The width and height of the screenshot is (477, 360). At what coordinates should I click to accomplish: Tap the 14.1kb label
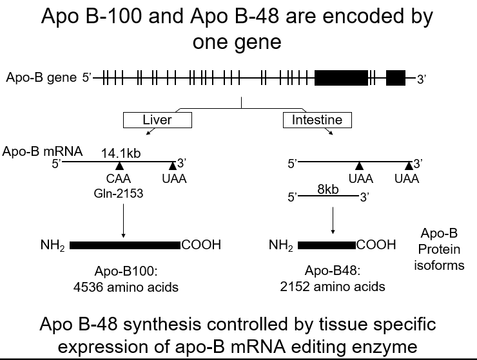tap(121, 153)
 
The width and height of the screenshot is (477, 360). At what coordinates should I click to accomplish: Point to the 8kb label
tap(328, 189)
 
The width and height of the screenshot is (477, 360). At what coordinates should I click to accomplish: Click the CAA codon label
tap(119, 179)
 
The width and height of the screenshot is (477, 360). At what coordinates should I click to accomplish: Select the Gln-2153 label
tap(119, 193)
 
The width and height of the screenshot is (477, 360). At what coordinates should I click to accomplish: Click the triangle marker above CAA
tap(119, 166)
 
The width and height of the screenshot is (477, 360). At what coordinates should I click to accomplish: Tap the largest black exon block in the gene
tap(341, 78)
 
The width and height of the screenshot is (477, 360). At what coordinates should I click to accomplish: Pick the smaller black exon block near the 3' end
tap(396, 78)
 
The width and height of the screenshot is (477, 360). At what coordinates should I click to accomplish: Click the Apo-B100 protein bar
tap(125, 245)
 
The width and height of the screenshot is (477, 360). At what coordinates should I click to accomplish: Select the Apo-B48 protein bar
tap(326, 245)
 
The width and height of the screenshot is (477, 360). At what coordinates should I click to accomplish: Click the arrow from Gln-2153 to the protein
tap(123, 220)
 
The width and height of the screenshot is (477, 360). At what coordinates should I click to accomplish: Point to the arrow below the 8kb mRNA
tap(333, 220)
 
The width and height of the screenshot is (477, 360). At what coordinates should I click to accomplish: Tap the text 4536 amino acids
tap(126, 287)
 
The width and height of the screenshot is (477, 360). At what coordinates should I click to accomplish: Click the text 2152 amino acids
tap(333, 287)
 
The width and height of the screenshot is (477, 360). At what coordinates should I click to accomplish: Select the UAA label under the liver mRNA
tap(174, 179)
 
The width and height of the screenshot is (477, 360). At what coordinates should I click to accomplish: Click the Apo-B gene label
tap(41, 77)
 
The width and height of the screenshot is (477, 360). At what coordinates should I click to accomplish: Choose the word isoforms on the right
tap(439, 265)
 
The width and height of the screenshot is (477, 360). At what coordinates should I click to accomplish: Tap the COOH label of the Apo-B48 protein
tap(376, 245)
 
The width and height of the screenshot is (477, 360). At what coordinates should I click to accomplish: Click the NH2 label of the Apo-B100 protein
tap(53, 245)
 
